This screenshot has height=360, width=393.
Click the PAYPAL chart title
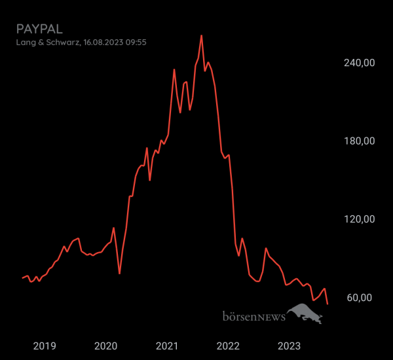39,29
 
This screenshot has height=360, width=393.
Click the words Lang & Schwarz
47,43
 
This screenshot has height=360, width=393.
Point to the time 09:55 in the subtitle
136,43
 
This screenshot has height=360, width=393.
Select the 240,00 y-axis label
360,63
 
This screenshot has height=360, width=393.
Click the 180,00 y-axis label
360,141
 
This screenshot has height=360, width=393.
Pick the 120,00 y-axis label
360,219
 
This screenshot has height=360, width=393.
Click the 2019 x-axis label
45,346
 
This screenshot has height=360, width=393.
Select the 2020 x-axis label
105,346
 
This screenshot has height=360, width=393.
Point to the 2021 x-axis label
167,346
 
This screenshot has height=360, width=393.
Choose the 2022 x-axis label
228,346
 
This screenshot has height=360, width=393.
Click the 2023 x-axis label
290,346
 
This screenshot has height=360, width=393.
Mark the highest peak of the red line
201,35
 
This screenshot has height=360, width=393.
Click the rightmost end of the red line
327,304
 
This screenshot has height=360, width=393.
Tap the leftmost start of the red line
22,278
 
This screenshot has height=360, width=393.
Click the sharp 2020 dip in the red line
119,273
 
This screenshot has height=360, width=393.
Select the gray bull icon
306,314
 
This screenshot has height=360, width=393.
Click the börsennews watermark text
253,317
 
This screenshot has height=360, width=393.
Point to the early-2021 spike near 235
174,69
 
